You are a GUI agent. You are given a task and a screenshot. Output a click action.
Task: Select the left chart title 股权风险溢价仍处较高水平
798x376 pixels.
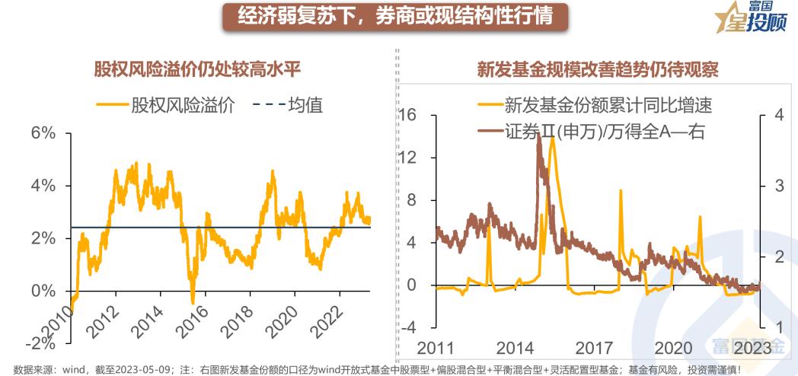coord(197,72)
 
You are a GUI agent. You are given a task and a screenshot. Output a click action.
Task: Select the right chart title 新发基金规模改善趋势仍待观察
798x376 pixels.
coord(598,72)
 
